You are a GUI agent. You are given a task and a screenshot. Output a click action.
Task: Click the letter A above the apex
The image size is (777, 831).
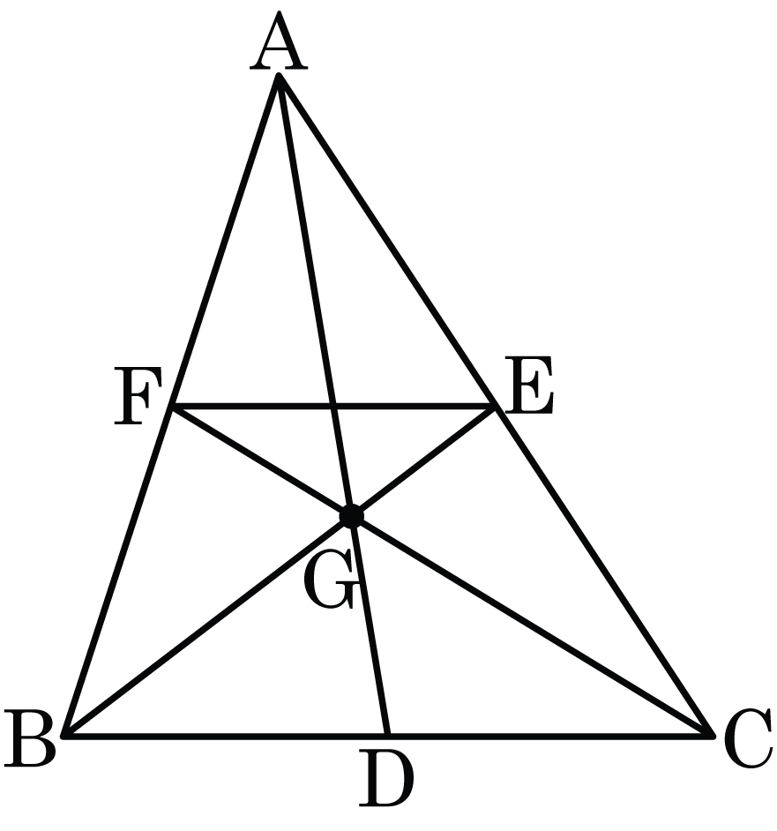pos(279,41)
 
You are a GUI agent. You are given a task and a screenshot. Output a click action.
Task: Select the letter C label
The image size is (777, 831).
pos(748,738)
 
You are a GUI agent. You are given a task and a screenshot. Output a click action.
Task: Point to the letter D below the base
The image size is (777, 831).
pos(385,777)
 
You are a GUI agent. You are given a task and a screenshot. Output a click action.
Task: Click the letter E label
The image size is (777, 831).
pos(528,385)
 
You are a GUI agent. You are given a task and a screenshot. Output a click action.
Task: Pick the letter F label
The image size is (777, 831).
pos(138,396)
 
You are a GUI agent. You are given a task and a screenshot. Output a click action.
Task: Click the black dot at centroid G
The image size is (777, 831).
pos(351,516)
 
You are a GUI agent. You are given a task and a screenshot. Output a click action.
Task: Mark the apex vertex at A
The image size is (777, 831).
pos(279,76)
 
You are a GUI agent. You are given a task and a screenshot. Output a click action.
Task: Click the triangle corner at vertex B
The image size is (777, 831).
pos(64,736)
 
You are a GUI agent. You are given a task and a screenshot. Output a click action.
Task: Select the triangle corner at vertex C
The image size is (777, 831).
pos(712,735)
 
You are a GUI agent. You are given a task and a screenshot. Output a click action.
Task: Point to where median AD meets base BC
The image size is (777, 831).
pos(387,735)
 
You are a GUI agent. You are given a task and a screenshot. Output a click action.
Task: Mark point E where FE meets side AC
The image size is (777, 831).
pos(495,407)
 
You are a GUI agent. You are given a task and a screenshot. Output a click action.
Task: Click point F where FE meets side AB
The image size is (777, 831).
pos(172,407)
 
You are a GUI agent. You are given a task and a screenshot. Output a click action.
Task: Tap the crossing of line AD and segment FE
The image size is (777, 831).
pos(333,407)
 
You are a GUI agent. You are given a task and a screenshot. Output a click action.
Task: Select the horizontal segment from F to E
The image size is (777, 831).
pos(333,407)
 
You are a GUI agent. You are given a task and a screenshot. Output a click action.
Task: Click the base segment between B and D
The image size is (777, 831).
pos(226,736)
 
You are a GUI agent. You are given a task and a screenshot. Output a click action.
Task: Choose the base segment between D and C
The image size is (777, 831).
pos(549,736)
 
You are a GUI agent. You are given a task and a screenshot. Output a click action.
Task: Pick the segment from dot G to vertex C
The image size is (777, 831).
pos(532,625)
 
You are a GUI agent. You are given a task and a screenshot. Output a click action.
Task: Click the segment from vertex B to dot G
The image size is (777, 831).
pos(208,625)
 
